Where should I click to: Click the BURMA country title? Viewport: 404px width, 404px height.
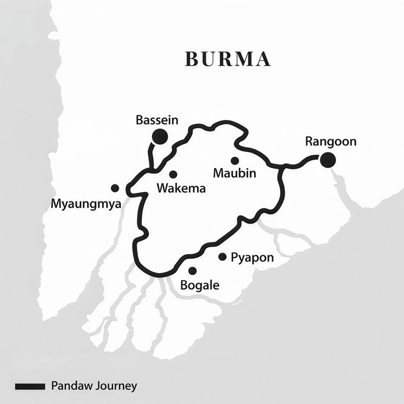228,59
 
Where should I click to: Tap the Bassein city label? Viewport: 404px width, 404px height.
157,120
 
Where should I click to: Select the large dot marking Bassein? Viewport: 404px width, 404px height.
159,137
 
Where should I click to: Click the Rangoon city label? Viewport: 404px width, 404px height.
330,142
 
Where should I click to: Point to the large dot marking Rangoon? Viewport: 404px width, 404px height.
328,159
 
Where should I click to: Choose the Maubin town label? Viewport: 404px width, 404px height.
235,173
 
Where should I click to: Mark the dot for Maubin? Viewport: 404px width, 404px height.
235,160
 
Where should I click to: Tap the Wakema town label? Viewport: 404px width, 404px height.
181,188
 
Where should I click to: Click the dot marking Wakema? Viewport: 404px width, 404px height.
173,174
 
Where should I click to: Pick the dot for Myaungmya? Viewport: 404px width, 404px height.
115,188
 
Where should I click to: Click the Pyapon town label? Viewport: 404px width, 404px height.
252,258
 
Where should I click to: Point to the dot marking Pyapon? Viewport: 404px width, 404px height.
223,257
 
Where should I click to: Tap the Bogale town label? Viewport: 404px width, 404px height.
199,286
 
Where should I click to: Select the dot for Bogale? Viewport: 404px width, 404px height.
193,271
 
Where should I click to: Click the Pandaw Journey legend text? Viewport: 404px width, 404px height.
94,386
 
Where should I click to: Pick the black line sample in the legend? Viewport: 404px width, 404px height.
30,387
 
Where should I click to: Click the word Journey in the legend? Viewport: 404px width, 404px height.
116,386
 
